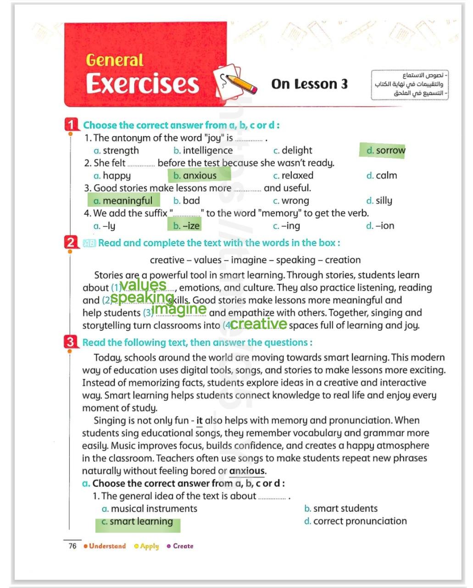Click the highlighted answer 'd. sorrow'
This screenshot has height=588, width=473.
(383, 150)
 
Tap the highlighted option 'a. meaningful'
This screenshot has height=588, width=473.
(123, 201)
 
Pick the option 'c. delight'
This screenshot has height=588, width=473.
(292, 150)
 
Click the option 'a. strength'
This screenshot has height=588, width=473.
(116, 150)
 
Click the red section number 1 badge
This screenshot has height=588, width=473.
(72, 124)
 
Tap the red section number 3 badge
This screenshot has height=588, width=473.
(70, 342)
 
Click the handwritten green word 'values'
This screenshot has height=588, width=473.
(143, 285)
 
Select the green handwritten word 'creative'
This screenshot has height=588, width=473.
(258, 324)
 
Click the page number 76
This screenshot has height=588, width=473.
(72, 546)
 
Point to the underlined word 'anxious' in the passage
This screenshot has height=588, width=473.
(247, 471)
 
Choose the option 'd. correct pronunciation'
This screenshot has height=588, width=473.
(356, 521)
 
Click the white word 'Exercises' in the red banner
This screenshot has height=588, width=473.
(142, 84)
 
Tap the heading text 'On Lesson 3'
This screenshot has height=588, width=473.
(309, 84)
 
